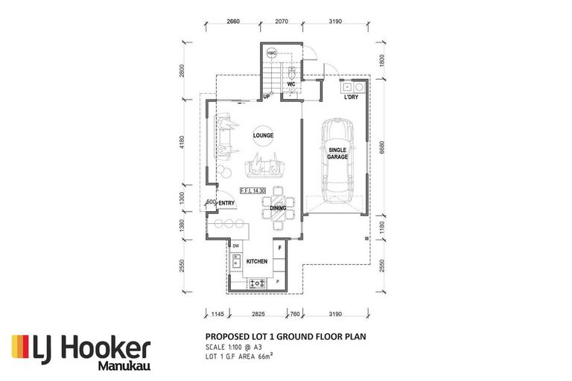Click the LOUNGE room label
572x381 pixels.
tap(263, 135)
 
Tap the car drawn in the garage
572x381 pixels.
tap(338, 154)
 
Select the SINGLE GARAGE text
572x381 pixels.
tap(338, 153)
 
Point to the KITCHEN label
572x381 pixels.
tap(257, 261)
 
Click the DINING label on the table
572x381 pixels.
tap(278, 209)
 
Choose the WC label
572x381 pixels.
tap(293, 84)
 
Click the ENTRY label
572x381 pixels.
tap(226, 203)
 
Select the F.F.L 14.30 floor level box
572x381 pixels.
tap(254, 191)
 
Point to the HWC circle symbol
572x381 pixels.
tap(272, 54)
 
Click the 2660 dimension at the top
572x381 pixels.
tap(232, 23)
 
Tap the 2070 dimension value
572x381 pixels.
tap(280, 23)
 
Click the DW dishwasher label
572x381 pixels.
tap(235, 246)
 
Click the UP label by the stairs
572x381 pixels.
tap(265, 97)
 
